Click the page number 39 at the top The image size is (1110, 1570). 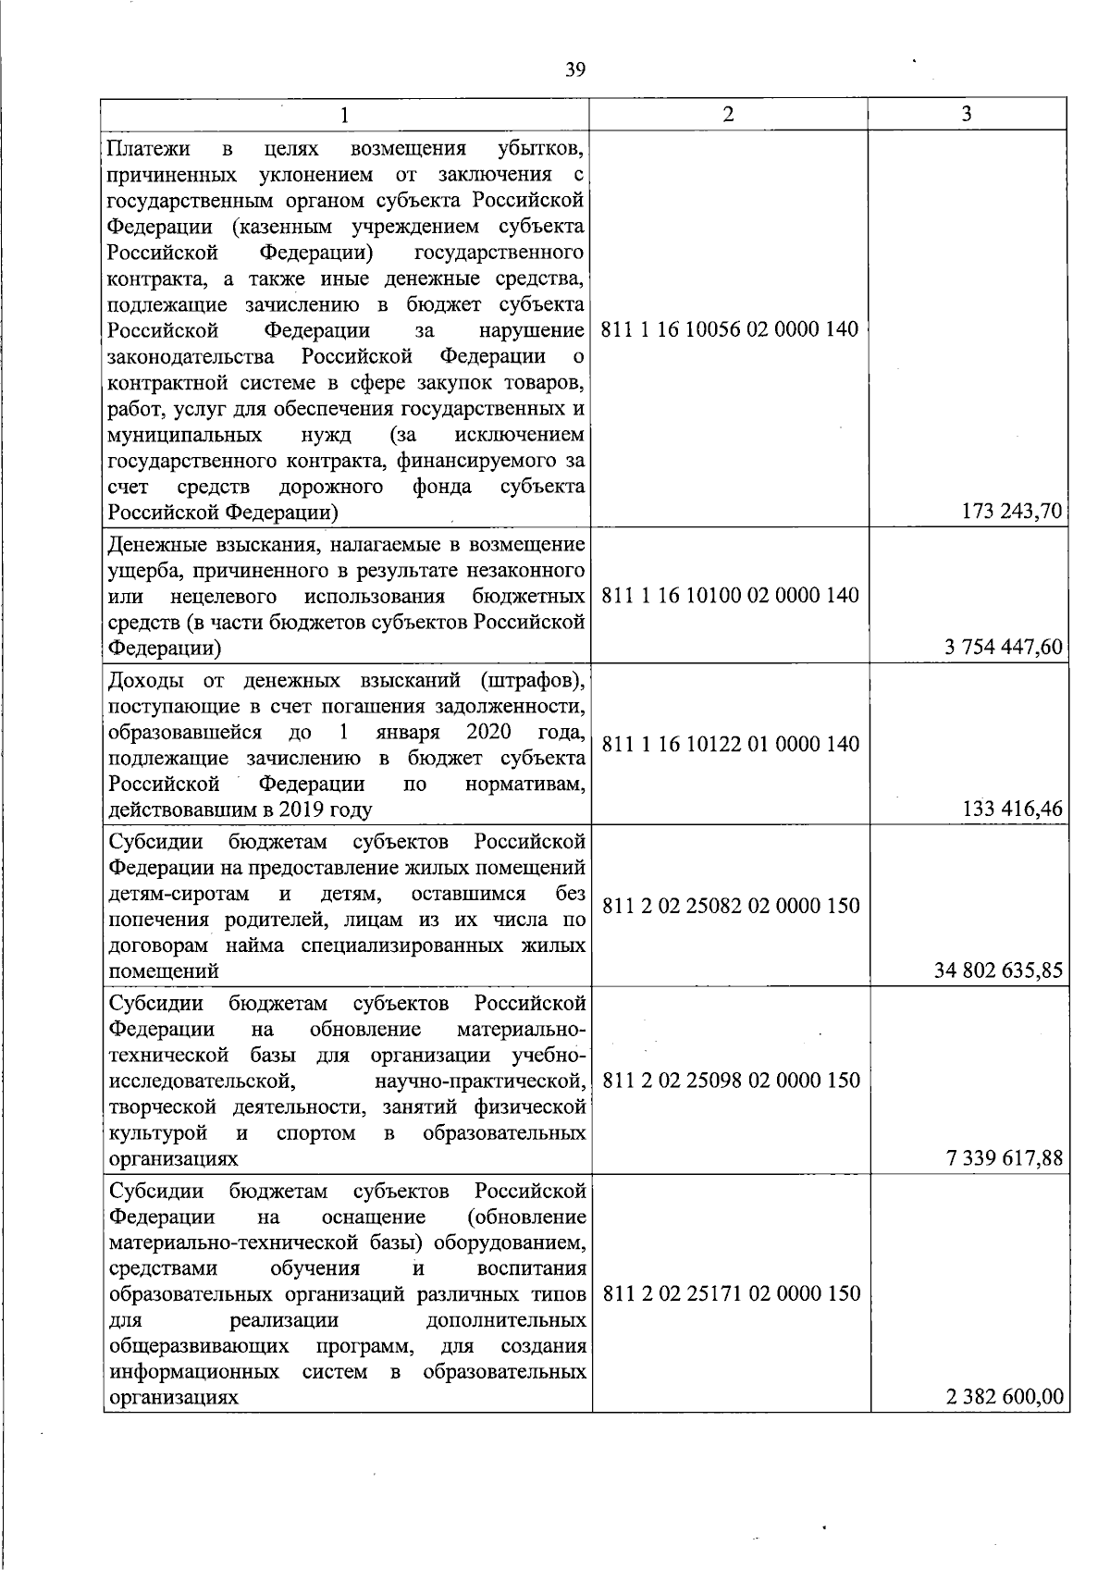tap(575, 70)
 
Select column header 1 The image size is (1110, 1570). tap(345, 115)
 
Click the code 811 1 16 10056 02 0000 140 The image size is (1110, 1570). tap(730, 329)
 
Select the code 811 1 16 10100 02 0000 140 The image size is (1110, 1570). tap(730, 595)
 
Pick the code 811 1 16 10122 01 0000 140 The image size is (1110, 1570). tap(730, 744)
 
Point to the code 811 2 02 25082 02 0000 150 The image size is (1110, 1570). tap(731, 905)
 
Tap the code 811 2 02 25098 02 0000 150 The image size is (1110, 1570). tap(731, 1080)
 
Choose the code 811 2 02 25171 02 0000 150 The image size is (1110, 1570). tap(731, 1293)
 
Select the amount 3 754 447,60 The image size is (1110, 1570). tap(1004, 648)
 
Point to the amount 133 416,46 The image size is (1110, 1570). tap(1013, 810)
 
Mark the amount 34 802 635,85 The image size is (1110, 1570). tap(999, 971)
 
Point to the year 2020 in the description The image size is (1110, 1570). tap(489, 733)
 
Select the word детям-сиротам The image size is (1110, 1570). tap(179, 894)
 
